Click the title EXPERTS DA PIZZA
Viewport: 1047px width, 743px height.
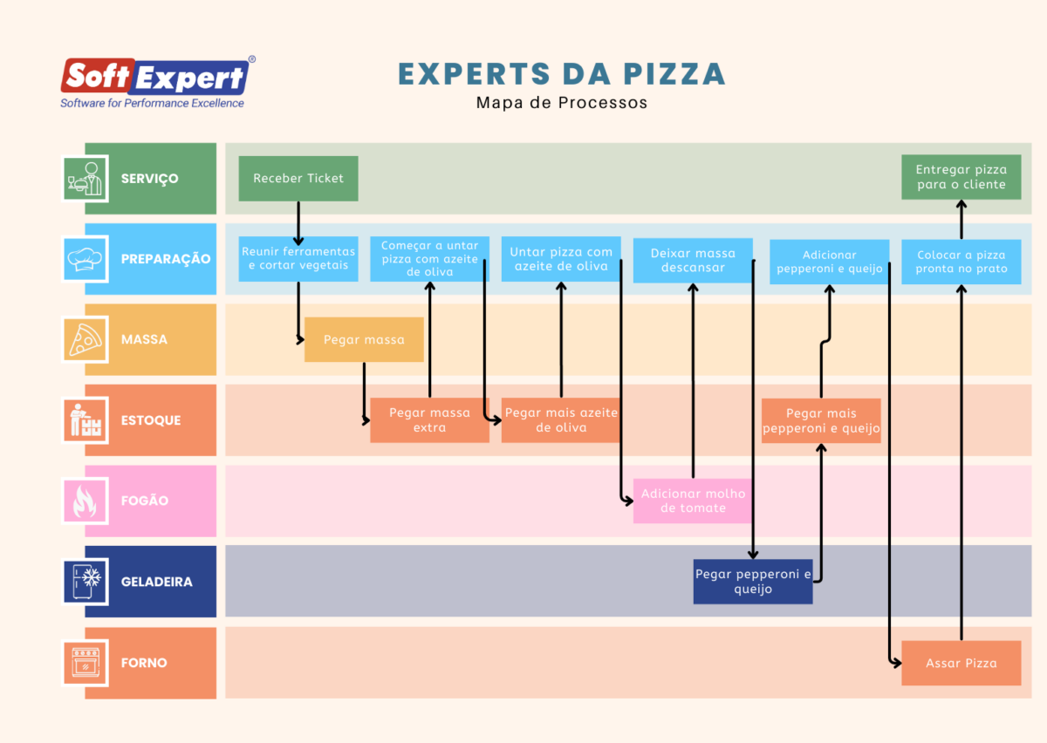(562, 74)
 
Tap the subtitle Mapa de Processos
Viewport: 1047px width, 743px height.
(562, 103)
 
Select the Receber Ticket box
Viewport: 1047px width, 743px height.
(298, 179)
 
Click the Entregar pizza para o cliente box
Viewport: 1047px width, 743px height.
(961, 177)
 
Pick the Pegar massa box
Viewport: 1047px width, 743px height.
(364, 339)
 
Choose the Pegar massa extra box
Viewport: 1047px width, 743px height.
(429, 420)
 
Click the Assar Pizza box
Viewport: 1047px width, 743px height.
(961, 663)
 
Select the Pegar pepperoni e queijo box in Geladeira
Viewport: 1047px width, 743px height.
(753, 582)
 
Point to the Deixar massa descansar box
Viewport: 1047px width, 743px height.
(693, 260)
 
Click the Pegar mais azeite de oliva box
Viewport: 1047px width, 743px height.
(561, 420)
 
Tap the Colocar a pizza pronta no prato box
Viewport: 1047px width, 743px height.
(961, 262)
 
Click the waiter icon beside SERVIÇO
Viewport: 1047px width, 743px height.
(86, 179)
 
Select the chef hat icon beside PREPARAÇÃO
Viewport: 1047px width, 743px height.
(86, 259)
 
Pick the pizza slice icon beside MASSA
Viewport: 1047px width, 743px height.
(86, 339)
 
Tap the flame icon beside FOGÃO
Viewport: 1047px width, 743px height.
(86, 501)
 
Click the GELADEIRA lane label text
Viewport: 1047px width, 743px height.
(157, 582)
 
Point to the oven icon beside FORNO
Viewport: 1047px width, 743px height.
(86, 663)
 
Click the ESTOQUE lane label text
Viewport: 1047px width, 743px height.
(151, 420)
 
